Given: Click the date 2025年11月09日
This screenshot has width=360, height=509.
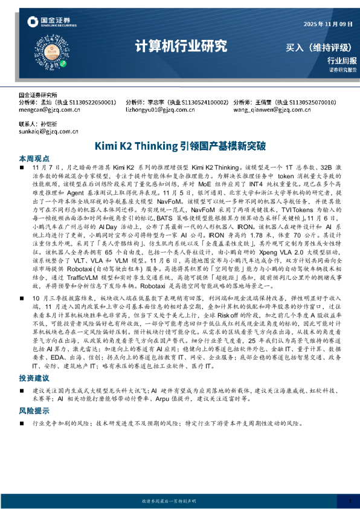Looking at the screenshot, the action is [x=327, y=24].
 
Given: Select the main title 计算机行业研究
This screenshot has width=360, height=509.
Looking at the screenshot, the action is [x=180, y=45].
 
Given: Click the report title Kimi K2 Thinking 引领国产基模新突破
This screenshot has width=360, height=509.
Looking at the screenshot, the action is [x=179, y=146].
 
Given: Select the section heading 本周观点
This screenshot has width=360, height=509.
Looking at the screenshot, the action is [x=32, y=157].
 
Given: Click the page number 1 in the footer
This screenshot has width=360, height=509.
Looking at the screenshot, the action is [x=349, y=501].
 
